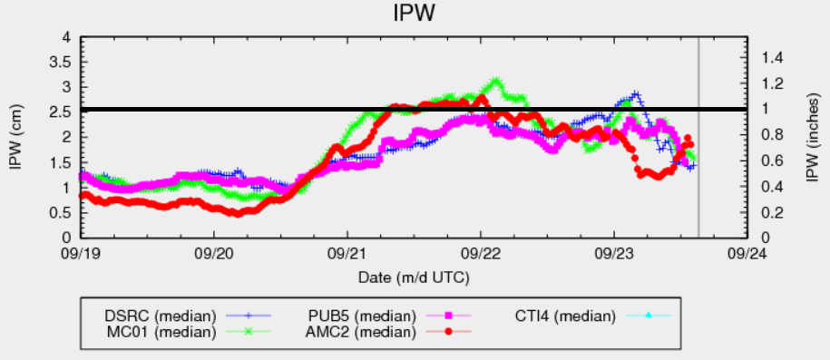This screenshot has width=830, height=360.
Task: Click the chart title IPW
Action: click(x=415, y=15)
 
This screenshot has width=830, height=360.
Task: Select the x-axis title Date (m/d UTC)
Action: click(x=414, y=274)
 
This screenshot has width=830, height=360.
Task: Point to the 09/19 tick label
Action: click(x=81, y=253)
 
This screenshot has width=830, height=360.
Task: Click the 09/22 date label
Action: click(x=481, y=253)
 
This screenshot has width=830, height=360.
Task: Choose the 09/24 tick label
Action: click(x=747, y=253)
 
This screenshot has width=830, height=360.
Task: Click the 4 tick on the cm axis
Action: click(x=66, y=37)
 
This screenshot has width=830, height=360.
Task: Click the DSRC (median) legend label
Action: click(x=159, y=316)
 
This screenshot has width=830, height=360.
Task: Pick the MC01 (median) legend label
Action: click(x=159, y=332)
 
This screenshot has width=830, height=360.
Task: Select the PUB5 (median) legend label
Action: click(x=359, y=316)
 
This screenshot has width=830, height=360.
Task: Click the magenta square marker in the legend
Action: click(x=447, y=316)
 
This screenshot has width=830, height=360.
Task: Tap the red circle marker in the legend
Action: click(x=447, y=332)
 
